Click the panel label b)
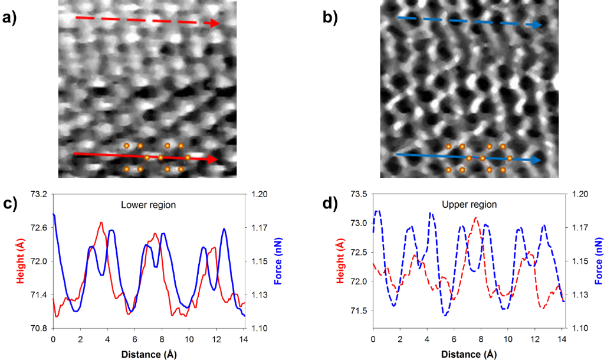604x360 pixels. pyautogui.click(x=330, y=17)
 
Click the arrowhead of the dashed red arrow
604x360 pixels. pyautogui.click(x=215, y=23)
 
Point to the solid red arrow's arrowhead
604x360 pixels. pyautogui.click(x=213, y=159)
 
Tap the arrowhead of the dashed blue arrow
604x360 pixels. pyautogui.click(x=537, y=25)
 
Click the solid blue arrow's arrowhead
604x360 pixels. pyautogui.click(x=536, y=160)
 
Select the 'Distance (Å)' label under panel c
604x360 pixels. pyautogui.click(x=148, y=354)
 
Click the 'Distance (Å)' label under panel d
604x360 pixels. pyautogui.click(x=468, y=354)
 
